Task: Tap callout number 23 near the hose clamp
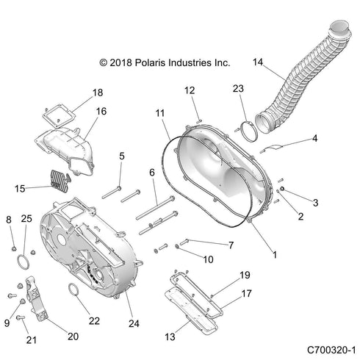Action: click(x=237, y=89)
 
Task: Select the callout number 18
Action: click(x=97, y=93)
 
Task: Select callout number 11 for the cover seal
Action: click(x=159, y=113)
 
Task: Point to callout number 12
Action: click(x=190, y=90)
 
